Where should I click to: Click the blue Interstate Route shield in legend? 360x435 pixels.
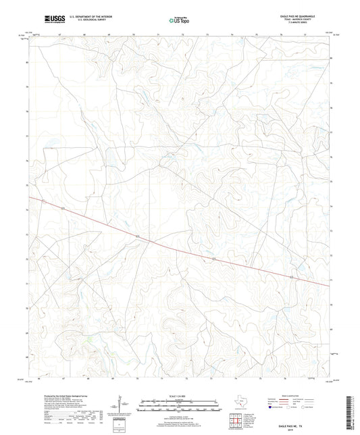[272, 407]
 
